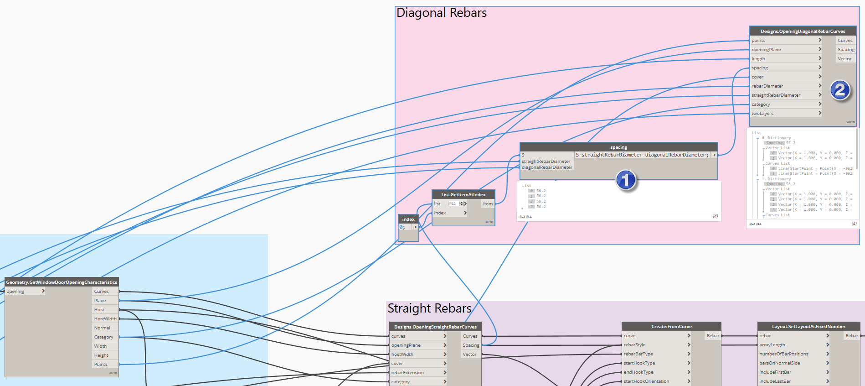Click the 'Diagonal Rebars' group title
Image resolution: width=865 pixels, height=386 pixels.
pos(441,13)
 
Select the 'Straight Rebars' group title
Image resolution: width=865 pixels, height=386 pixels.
pos(429,308)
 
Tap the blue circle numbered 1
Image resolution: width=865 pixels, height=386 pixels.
pos(626,180)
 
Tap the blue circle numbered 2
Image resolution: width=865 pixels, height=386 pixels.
pos(840,90)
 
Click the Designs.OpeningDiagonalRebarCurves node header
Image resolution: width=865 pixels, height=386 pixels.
pos(803,31)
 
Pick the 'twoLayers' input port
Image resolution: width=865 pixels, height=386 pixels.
pos(762,114)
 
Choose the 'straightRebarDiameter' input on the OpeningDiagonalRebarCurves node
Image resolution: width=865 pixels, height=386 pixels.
pos(776,95)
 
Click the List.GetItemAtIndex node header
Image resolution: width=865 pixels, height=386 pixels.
pos(463,194)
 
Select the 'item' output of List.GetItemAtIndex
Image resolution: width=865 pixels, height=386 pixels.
pos(488,204)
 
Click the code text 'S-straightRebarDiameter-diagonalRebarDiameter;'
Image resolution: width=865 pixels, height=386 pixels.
pos(642,155)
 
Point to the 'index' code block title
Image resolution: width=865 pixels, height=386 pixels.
pos(408,219)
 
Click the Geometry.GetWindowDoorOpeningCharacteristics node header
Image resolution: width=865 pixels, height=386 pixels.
pos(62,282)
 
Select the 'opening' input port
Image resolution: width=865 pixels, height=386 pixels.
pos(15,292)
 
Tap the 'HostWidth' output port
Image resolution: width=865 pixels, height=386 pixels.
pos(105,319)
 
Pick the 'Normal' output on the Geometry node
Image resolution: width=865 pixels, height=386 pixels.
pos(102,328)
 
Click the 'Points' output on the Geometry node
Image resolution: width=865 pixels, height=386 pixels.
pos(101,365)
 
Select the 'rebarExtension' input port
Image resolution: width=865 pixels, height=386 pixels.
pos(407,373)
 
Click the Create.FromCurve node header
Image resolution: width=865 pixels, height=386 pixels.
pos(671,326)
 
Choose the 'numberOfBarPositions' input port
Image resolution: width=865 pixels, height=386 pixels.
pos(783,354)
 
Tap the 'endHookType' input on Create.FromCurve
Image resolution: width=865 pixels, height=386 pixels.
pos(638,372)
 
